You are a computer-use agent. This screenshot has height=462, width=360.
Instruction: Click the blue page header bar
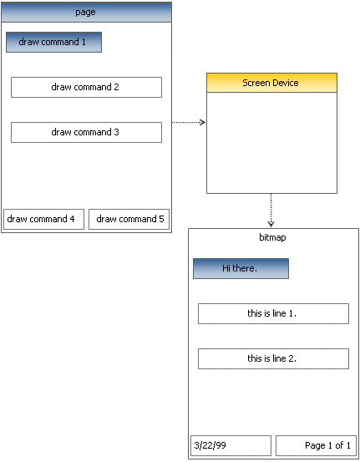86,12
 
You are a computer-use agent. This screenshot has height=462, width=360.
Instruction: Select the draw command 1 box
54,42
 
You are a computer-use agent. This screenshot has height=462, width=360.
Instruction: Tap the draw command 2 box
86,87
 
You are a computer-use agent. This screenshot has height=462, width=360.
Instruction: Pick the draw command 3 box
86,132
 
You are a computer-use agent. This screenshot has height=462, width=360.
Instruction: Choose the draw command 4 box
44,219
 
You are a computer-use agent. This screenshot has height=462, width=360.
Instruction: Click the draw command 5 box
129,219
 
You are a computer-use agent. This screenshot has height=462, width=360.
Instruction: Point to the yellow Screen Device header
271,83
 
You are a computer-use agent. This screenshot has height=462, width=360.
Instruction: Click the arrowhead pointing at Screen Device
203,122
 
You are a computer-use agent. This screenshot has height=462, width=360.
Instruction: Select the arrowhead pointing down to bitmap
271,224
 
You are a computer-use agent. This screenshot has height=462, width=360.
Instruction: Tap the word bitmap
272,237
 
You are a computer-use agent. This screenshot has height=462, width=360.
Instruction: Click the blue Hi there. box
241,268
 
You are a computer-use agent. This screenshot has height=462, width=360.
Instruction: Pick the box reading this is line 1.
273,313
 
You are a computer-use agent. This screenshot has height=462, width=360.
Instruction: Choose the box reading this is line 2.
273,358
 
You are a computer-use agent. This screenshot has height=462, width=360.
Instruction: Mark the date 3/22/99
210,445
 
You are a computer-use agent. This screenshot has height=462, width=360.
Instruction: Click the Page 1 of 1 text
327,445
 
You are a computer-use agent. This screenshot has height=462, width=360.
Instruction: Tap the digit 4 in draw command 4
72,219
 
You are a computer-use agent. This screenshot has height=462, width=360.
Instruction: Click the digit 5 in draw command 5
161,219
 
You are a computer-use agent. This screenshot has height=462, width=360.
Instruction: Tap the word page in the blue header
85,13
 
